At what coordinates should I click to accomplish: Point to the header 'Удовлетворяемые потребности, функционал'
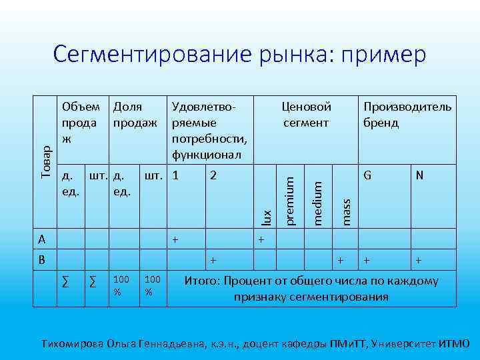point(209,131)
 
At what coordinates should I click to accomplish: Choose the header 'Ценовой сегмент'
point(306,115)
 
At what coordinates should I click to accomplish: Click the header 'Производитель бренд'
point(407,115)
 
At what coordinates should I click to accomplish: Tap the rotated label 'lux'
point(267,217)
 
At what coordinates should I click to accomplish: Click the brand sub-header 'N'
point(419,176)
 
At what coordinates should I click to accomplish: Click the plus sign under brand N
point(418,260)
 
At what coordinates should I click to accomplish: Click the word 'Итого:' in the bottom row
point(203,281)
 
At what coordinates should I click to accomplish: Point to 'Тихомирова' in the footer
point(73,344)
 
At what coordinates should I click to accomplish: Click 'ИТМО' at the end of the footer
point(455,344)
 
